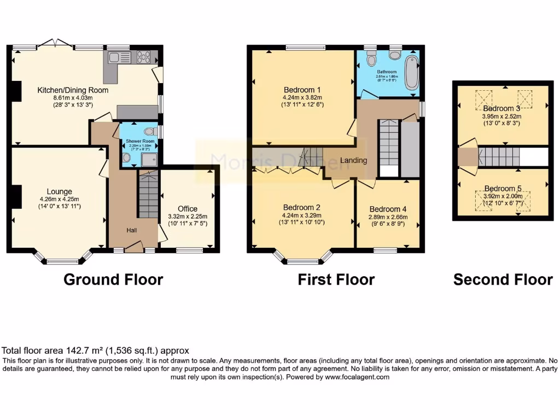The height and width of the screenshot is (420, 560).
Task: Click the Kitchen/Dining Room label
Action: click(x=73, y=90)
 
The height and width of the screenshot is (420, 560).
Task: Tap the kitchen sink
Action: click(x=118, y=57)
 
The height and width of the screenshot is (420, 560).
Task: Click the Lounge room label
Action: click(x=60, y=191)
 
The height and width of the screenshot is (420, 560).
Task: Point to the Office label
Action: click(x=187, y=209)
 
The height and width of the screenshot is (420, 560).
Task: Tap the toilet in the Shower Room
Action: click(x=151, y=131)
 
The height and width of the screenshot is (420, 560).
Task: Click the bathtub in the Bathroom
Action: click(x=412, y=73)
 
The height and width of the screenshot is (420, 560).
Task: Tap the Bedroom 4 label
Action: click(x=388, y=209)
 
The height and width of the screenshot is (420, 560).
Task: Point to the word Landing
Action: click(x=353, y=160)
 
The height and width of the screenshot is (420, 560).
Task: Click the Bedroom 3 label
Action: click(x=498, y=109)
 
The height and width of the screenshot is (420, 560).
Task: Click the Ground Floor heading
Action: click(x=113, y=279)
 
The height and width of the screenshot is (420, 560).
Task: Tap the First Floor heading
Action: click(x=336, y=279)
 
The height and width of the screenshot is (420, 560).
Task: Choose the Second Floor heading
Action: click(x=503, y=279)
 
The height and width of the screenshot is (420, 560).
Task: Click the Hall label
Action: click(x=131, y=231)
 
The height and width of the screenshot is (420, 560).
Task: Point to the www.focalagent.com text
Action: click(x=357, y=377)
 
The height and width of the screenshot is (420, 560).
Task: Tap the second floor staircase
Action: click(x=498, y=157)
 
